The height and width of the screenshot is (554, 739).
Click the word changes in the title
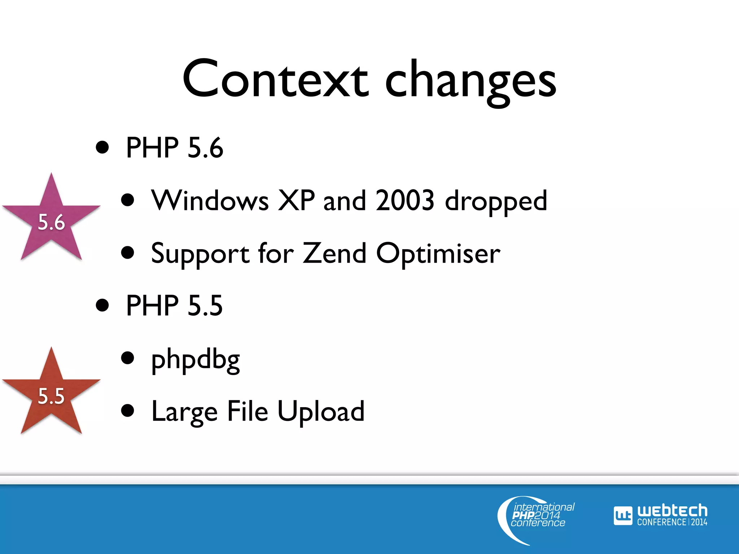[471, 81]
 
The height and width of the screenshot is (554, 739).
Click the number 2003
[405, 201]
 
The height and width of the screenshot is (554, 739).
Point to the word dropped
[496, 202]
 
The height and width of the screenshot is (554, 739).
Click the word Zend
[334, 253]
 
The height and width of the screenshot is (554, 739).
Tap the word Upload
[321, 412]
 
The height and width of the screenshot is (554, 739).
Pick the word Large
[184, 413]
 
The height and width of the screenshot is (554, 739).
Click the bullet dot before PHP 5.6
[102, 148]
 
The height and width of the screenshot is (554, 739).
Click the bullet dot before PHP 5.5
[102, 305]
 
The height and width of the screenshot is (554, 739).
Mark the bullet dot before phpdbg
[128, 358]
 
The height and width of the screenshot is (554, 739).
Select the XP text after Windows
[296, 201]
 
